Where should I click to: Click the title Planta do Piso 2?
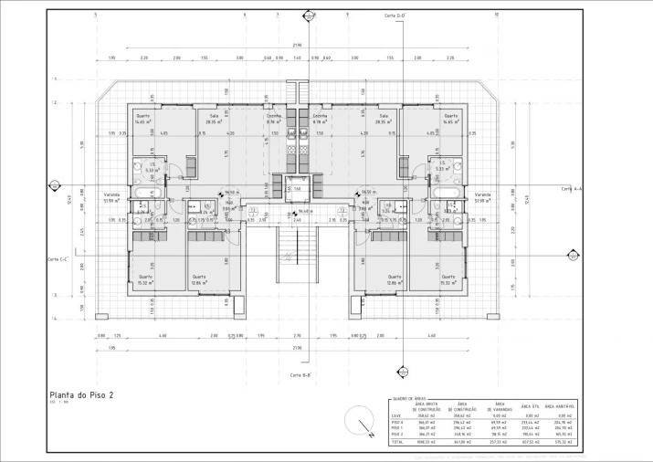81,395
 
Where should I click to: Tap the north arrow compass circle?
361,422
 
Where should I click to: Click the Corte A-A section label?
574,188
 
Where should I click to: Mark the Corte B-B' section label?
301,375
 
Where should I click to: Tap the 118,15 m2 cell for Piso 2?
501,434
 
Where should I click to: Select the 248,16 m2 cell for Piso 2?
463,434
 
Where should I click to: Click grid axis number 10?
495,15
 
